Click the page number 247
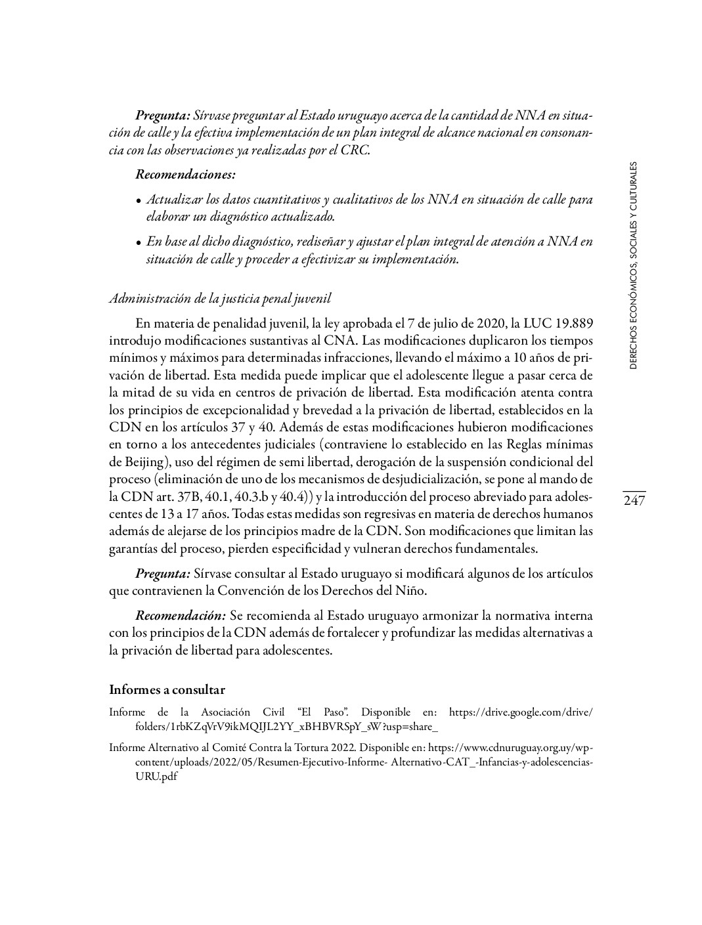[x=634, y=501]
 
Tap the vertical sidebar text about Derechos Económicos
[x=633, y=265]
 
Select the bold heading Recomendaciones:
[x=185, y=175]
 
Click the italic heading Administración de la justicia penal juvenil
[x=220, y=298]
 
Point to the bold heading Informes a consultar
[x=167, y=689]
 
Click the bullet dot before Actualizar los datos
[x=139, y=201]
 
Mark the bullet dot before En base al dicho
[x=139, y=243]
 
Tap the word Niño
[x=410, y=590]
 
